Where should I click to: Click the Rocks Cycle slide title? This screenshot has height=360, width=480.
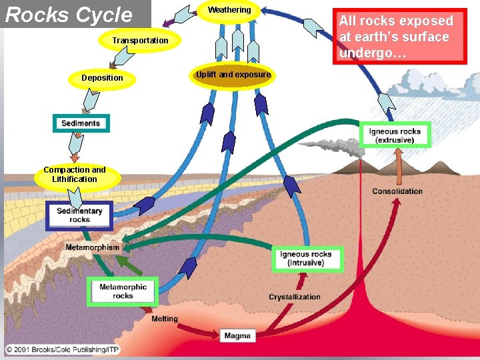point(69,15)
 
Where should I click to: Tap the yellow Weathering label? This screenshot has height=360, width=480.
point(229,10)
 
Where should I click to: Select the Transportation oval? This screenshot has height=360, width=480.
point(140,41)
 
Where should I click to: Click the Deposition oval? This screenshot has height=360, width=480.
point(102,78)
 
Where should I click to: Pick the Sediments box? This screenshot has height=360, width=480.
point(81,123)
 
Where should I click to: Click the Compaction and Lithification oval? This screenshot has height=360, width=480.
point(75,175)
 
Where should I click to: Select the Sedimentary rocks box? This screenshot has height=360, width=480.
point(79,215)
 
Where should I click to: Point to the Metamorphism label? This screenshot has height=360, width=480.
point(93,247)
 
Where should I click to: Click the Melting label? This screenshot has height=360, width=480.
point(165,319)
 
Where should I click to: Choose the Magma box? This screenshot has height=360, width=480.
point(237,335)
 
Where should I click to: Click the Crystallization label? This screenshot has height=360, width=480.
point(295,297)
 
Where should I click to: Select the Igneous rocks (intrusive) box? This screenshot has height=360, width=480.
point(306,259)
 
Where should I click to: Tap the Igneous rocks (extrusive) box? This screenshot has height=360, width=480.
point(395,135)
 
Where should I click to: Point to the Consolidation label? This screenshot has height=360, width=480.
point(397,191)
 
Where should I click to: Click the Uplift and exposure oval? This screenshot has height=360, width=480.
point(233,75)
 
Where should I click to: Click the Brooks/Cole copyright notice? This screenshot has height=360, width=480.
point(57,349)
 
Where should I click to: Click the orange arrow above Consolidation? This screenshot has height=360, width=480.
point(399,167)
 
